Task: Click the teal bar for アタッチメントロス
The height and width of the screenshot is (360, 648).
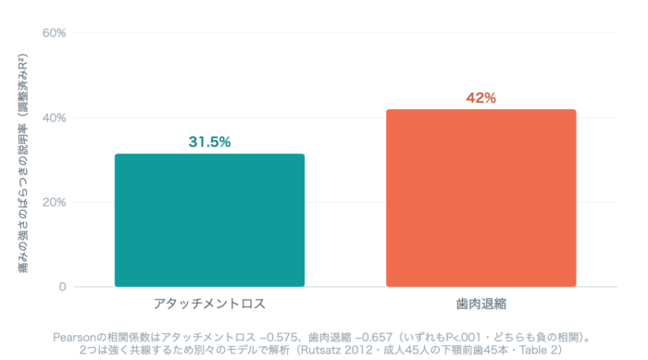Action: tap(209, 220)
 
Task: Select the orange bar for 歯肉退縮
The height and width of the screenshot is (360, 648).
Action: tap(481, 198)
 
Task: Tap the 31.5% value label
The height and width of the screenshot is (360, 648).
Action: tap(209, 142)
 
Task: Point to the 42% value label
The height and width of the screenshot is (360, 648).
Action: tap(481, 98)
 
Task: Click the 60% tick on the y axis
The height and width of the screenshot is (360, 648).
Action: tap(54, 33)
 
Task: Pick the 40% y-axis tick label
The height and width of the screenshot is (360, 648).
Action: tap(54, 118)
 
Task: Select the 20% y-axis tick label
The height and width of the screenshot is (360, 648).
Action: tap(54, 202)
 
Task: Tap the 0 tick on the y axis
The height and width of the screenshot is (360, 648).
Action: tap(62, 287)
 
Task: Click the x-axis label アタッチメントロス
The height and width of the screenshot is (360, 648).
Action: tap(209, 304)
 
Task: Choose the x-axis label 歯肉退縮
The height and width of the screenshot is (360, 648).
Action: tap(481, 304)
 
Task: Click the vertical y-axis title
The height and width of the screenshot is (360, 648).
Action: tap(23, 163)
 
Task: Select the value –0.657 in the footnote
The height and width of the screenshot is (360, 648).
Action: tap(373, 337)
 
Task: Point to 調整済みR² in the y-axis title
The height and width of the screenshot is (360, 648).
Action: tap(23, 82)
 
